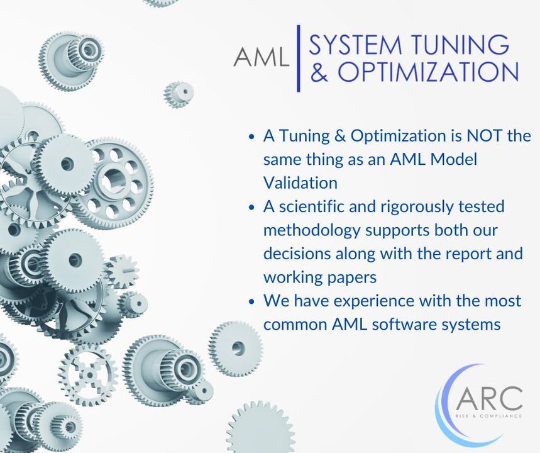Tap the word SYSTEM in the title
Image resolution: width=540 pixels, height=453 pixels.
(x=354, y=45)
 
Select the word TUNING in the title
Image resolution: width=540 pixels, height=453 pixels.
(x=460, y=45)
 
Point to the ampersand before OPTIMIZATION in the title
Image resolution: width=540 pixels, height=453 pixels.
(x=319, y=72)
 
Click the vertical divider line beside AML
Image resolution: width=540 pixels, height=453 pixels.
(x=299, y=59)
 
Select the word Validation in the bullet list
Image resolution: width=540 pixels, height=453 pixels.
(x=300, y=182)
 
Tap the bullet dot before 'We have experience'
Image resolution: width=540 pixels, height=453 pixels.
(x=251, y=301)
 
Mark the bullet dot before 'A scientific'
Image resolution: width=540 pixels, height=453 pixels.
(x=251, y=207)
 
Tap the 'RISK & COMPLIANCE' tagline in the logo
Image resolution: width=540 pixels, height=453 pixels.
(x=488, y=415)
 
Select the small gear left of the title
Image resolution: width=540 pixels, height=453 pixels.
(x=178, y=94)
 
